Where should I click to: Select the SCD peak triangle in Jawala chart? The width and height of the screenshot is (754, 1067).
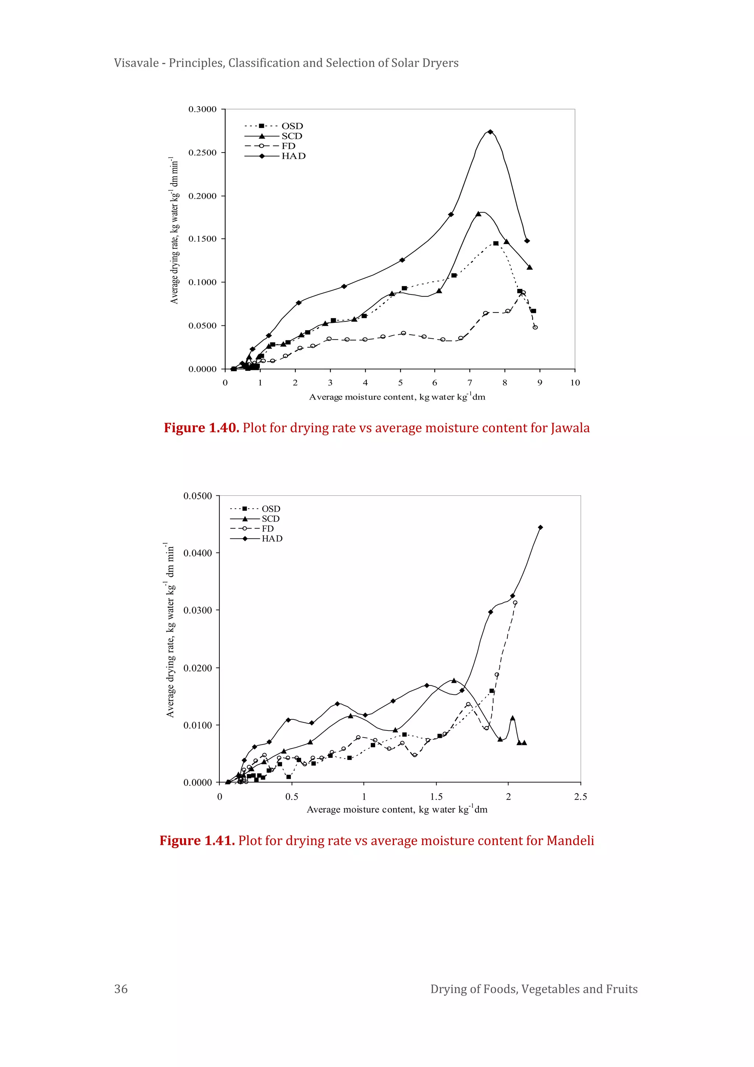[479, 214]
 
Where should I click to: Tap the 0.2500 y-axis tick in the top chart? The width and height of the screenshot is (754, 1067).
[202, 153]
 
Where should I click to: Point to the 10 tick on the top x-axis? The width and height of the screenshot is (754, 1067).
[575, 383]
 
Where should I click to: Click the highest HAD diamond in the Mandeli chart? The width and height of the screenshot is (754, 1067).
[540, 527]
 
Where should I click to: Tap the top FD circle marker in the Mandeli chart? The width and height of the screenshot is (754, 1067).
[515, 603]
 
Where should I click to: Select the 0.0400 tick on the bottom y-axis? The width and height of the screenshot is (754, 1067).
[198, 553]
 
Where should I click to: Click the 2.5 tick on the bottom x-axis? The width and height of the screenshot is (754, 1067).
[580, 796]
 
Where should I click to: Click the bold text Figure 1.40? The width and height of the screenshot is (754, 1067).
[201, 428]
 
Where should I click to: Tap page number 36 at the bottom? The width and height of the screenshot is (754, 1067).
[121, 988]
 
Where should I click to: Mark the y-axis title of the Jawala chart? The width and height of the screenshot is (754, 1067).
[174, 230]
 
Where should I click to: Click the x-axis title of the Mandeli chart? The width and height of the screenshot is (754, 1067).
[397, 809]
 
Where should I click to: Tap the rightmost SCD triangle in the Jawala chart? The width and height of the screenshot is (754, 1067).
[530, 267]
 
